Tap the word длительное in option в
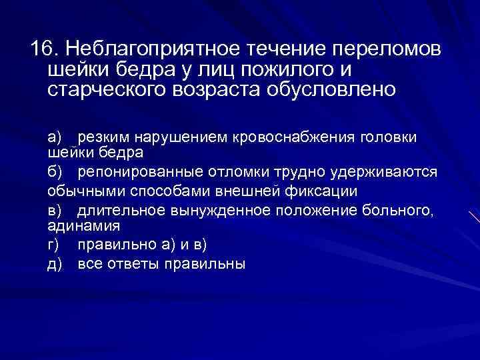pos(119,211)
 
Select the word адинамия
pos(79,226)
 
